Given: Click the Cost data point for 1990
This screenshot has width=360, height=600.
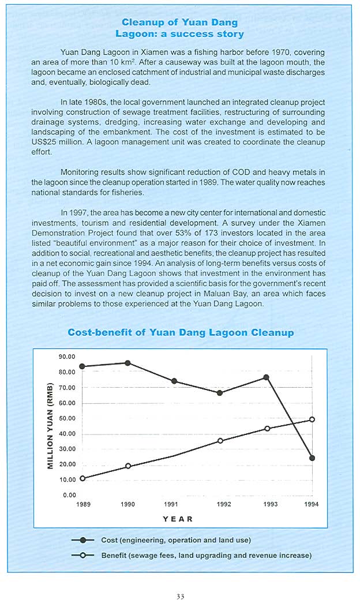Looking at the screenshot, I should tap(127, 363).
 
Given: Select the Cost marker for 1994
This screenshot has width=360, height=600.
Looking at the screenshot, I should tap(312, 458).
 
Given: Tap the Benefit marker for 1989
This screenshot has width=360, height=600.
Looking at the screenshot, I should tap(82, 478).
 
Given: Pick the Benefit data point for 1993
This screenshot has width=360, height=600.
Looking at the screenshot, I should tap(267, 429).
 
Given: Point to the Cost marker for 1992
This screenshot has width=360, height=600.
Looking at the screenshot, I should tap(220, 393).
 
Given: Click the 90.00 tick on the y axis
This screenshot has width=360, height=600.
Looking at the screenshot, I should tap(67, 357).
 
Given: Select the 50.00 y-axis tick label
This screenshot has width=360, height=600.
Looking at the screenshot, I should tap(67, 418).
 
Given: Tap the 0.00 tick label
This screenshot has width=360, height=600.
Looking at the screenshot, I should tap(69, 495).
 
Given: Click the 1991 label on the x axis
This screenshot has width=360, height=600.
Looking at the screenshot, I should tap(170, 504).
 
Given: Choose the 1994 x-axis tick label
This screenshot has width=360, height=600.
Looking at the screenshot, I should tap(312, 504).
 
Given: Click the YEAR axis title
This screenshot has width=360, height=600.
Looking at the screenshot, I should tap(178, 519).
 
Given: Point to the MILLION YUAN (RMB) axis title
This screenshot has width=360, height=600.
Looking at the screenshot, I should tap(50, 426).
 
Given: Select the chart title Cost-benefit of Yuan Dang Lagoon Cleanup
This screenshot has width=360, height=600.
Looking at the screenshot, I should tap(181, 333).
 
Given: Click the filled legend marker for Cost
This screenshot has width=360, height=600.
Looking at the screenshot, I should tap(84, 540).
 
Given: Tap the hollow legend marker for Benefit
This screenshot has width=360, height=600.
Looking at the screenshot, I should tap(84, 555).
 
